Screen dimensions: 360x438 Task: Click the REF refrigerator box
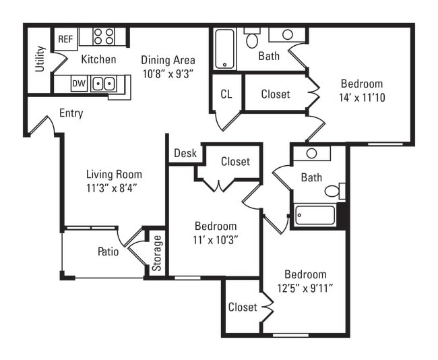(x=65, y=39)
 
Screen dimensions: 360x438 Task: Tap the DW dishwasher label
(x=79, y=84)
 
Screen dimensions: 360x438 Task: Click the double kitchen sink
(x=103, y=84)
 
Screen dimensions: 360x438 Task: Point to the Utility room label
(x=40, y=59)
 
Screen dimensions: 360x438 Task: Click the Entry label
(x=71, y=113)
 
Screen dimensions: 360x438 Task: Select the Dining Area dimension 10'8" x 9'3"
(x=168, y=73)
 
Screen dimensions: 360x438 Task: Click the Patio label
(x=108, y=252)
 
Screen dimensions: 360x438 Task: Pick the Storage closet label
(x=156, y=253)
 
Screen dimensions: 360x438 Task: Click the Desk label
(x=185, y=153)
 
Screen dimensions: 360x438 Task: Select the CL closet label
(x=226, y=94)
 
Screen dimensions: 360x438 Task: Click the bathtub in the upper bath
(x=224, y=49)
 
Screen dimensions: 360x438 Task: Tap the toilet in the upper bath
(x=252, y=40)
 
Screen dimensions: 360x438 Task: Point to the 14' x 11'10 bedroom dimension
(x=361, y=97)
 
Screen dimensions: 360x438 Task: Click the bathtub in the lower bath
(x=315, y=216)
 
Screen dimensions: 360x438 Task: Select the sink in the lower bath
(x=311, y=153)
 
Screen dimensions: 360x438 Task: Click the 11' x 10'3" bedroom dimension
(x=216, y=239)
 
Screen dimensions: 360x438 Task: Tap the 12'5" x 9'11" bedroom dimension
(x=305, y=288)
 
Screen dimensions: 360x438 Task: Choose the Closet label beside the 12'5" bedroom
(x=243, y=307)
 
